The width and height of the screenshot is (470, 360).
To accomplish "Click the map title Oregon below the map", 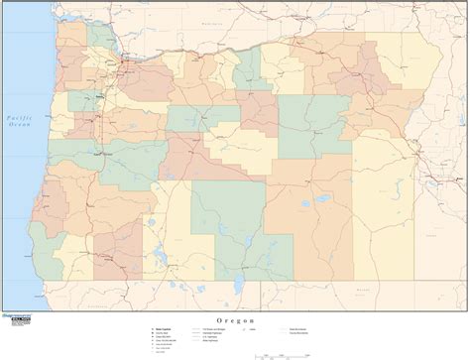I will tap(235, 321).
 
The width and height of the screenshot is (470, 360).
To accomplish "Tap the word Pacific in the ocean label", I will tap(18, 111).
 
